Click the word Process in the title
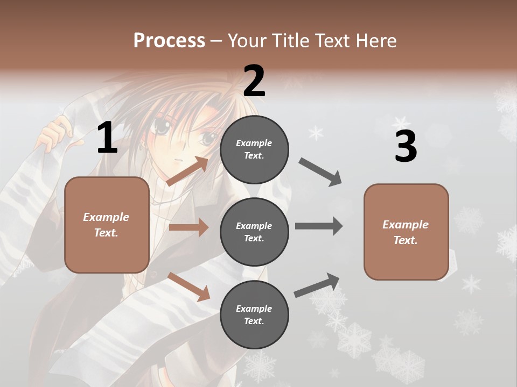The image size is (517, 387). [169, 40]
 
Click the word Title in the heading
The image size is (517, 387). [290, 40]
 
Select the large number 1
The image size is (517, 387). [107, 138]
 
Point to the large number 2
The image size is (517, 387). [254, 81]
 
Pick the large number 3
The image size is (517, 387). [406, 147]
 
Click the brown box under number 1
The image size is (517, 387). [107, 225]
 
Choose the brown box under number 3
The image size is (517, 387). [406, 232]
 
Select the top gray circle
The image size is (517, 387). [254, 149]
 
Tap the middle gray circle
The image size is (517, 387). [254, 232]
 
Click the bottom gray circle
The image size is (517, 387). [254, 314]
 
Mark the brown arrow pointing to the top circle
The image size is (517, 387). [187, 171]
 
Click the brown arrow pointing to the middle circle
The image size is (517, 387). [188, 227]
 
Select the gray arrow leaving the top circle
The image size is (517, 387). [320, 172]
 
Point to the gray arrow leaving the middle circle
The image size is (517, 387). [319, 226]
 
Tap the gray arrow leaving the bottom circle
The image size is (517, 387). [317, 285]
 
